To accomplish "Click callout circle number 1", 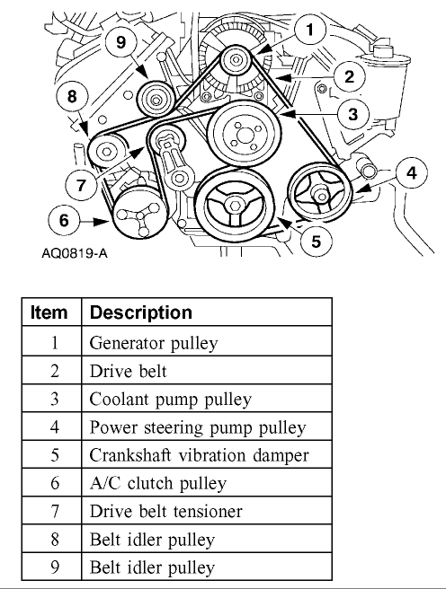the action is pyautogui.click(x=310, y=30).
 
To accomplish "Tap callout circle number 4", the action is pyautogui.click(x=412, y=173).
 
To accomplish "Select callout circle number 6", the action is pyautogui.click(x=64, y=220).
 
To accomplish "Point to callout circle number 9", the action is pyautogui.click(x=120, y=41).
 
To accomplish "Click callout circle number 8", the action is pyautogui.click(x=72, y=97).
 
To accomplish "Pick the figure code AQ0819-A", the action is pyautogui.click(x=75, y=253).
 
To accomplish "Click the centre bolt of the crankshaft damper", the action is pyautogui.click(x=235, y=205).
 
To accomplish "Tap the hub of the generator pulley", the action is pyautogui.click(x=236, y=60).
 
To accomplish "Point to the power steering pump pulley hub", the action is pyautogui.click(x=320, y=196).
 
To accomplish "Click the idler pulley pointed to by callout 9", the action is pyautogui.click(x=156, y=99).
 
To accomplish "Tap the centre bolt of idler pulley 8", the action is pyautogui.click(x=106, y=152).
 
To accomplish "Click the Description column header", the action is pyautogui.click(x=141, y=312).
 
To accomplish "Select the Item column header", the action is pyautogui.click(x=49, y=312).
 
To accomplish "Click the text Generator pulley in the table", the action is pyautogui.click(x=154, y=343).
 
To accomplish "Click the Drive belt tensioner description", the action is pyautogui.click(x=165, y=511).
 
